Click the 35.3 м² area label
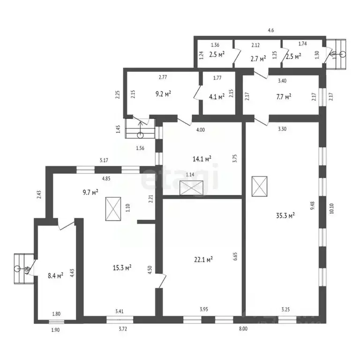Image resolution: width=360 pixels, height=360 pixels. tap(285, 216)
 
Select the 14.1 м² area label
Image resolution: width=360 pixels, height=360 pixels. tap(202, 158)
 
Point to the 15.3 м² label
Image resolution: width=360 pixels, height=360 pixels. tap(121, 268)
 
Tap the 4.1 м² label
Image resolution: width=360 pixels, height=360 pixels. tap(217, 97)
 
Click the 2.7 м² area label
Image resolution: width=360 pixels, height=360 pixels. tap(258, 59)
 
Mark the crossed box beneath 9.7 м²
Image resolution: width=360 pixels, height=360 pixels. tap(113, 209)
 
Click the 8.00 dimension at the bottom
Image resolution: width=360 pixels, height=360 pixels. tap(243, 330)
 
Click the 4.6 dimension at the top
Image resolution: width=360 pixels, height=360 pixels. tap(270, 30)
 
